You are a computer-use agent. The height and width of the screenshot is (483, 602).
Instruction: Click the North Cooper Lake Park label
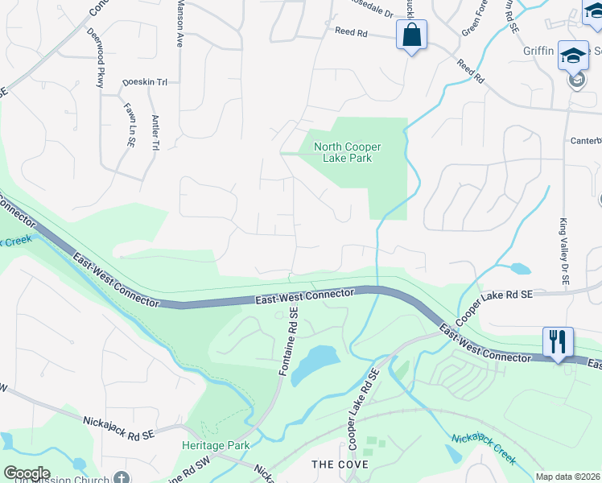tap(347, 152)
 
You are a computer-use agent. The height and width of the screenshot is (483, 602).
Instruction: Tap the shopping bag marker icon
tap(411, 35)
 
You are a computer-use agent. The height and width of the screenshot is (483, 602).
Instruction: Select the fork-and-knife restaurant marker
tap(557, 341)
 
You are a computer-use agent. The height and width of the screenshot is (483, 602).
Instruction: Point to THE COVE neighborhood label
tap(340, 464)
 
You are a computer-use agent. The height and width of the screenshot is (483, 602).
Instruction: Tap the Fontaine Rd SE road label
tap(289, 341)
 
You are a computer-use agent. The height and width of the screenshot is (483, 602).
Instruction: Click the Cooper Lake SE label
tap(500, 296)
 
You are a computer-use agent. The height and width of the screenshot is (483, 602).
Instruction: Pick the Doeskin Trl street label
tap(144, 82)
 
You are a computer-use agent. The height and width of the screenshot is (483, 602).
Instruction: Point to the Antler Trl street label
tap(155, 132)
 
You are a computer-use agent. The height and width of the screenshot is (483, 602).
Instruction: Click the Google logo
tap(26, 473)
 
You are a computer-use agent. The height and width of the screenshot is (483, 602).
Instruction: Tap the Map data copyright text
tap(568, 477)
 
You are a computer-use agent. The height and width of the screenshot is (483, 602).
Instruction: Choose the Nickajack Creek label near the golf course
tap(483, 448)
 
